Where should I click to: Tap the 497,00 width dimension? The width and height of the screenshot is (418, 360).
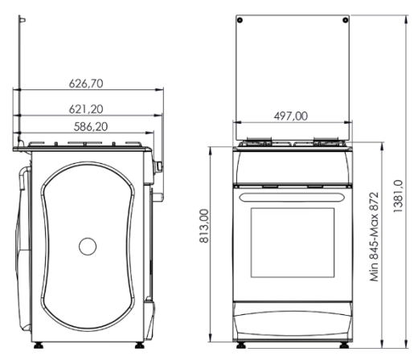tap(291, 117)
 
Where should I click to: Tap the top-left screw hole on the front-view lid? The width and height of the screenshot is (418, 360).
tap(244, 18)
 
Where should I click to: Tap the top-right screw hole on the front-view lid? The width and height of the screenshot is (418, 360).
tap(344, 18)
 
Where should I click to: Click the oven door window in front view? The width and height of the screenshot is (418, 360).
tap(292, 246)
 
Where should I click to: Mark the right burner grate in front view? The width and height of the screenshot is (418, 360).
tap(326, 142)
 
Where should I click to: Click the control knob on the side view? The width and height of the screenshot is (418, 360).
tap(160, 166)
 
